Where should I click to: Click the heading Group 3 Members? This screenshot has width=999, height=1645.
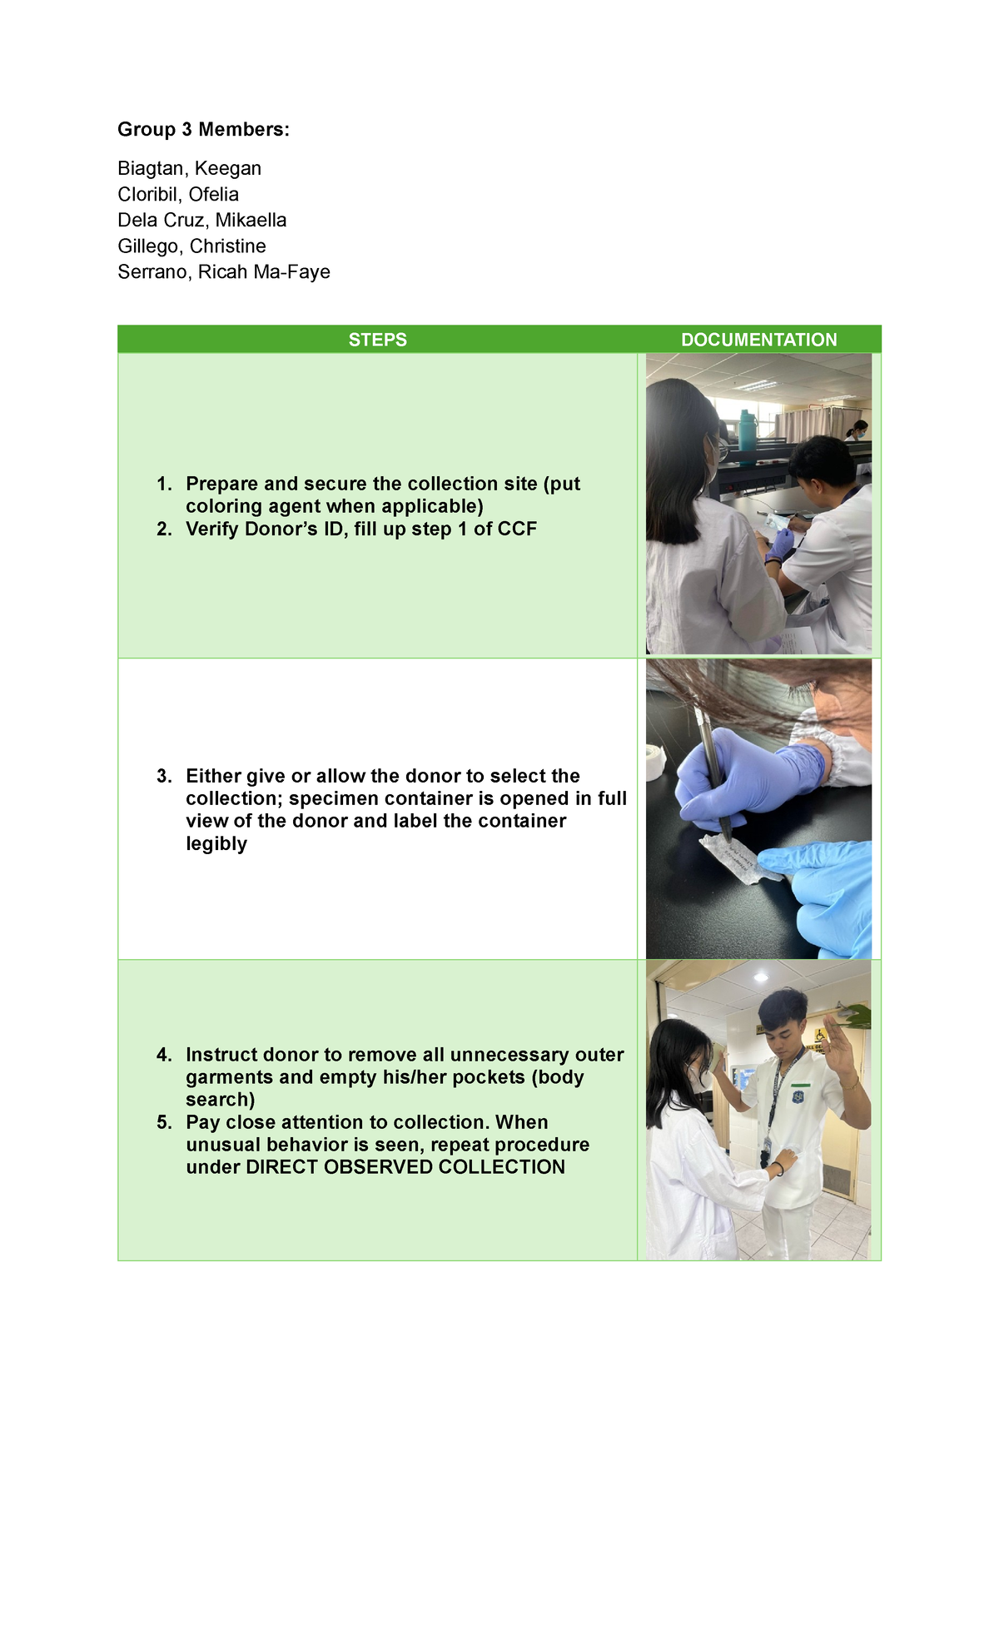pos(203,129)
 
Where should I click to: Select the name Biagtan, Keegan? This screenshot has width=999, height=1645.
pos(189,168)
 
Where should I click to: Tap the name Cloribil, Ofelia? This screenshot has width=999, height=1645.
pos(178,194)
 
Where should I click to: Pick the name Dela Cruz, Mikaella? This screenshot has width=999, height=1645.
pos(201,220)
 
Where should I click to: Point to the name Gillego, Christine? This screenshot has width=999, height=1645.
pos(191,246)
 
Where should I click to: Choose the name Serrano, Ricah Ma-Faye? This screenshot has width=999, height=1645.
pos(223,271)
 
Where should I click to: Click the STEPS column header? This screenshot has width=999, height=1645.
pos(377,340)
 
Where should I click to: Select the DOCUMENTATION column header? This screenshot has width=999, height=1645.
pos(758,340)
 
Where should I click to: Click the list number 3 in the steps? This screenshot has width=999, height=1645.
pos(164,776)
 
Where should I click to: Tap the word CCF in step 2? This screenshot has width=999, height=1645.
pos(517,529)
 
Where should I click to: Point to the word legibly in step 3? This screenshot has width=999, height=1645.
pos(216,843)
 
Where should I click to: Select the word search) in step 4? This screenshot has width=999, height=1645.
pos(220,1100)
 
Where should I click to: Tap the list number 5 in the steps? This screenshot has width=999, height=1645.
pos(164,1122)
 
